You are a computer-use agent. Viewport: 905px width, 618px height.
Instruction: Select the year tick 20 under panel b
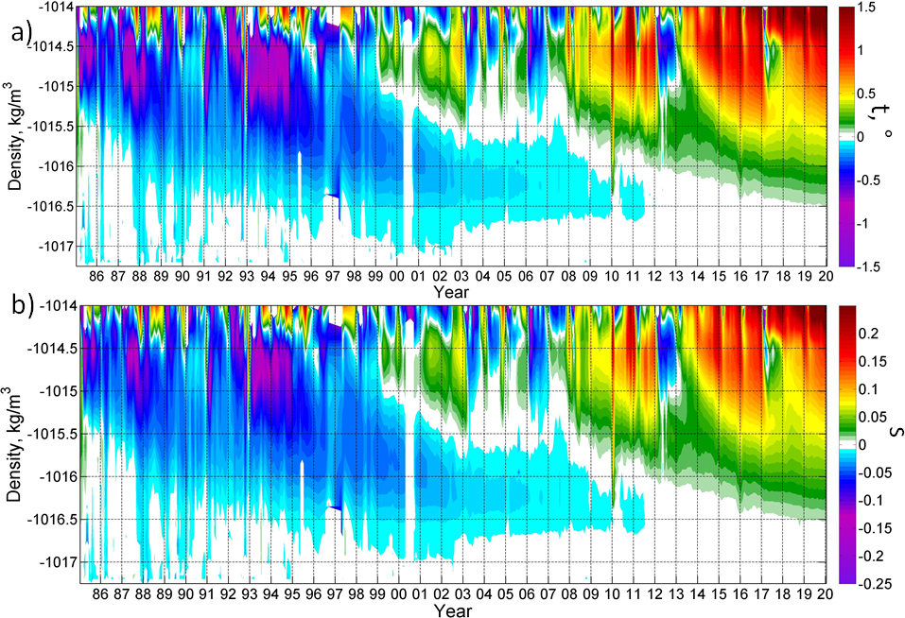826,594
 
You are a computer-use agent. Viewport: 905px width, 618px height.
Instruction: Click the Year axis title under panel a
451,293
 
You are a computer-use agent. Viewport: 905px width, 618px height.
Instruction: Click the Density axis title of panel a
13,137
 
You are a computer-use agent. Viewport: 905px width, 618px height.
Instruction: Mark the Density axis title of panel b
13,444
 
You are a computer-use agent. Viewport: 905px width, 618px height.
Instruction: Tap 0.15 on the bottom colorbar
876,360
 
